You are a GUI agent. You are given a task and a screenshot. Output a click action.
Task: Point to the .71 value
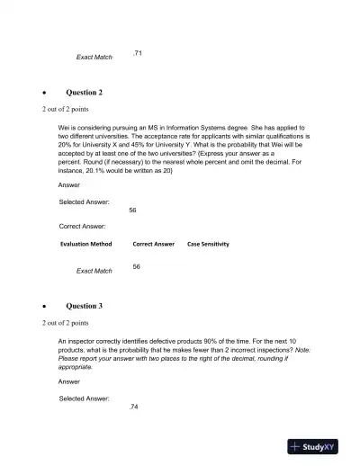click(x=137, y=54)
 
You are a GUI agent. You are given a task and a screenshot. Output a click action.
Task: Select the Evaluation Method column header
click(x=86, y=244)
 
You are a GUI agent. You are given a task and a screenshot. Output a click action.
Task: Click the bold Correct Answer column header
click(x=153, y=244)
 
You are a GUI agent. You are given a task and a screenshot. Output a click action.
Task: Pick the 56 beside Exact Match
click(x=136, y=267)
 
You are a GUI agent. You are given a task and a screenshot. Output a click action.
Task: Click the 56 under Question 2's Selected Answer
click(x=133, y=210)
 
